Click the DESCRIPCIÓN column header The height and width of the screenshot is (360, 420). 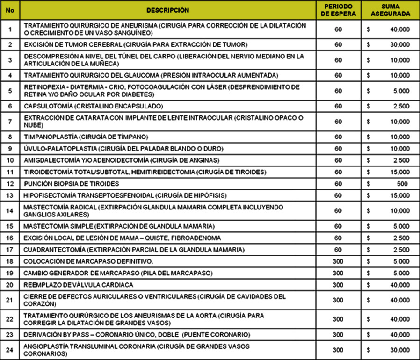tap(167, 10)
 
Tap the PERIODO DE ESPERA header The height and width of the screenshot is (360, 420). tap(338, 10)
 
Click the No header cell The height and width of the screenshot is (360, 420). tap(10, 10)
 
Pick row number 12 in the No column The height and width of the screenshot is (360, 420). tap(10, 183)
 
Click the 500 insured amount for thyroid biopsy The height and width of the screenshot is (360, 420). tap(402, 183)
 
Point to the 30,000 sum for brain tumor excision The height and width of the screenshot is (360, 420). tap(400, 44)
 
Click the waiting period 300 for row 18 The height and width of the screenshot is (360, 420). tap(338, 261)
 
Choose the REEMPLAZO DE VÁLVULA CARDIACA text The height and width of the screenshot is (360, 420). tap(79, 285)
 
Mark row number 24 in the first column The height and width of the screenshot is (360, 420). tap(10, 350)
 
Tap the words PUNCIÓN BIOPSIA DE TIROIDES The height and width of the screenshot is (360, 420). tap(72, 183)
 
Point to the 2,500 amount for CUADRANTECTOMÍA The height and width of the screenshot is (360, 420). tap(402, 249)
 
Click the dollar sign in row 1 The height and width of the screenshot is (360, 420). tap(369, 29)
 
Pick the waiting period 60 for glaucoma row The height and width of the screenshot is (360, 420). tap(338, 75)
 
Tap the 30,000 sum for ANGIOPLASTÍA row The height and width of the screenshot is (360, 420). tap(400, 350)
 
